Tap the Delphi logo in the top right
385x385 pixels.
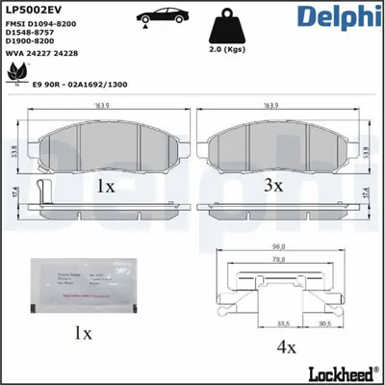[x=339, y=18]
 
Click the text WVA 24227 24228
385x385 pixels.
[x=41, y=53]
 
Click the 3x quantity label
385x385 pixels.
[x=272, y=184]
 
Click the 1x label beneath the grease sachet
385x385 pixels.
[x=83, y=334]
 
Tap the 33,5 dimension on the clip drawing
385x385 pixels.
[x=257, y=322]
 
